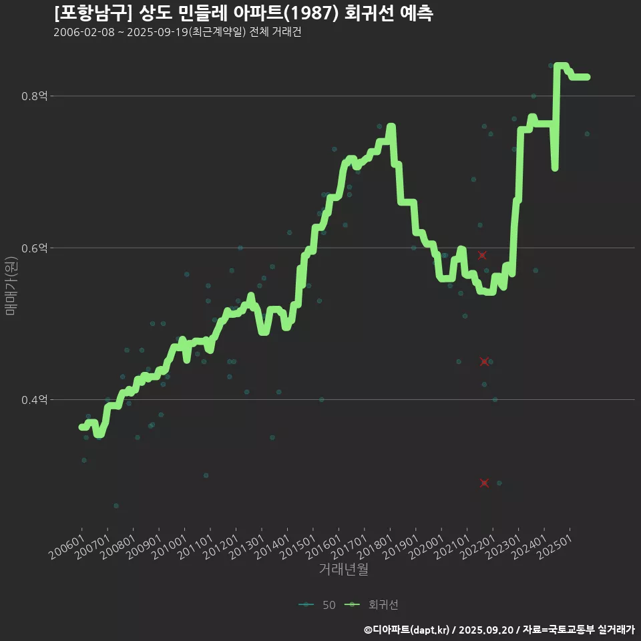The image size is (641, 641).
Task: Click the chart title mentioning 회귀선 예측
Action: pos(243,14)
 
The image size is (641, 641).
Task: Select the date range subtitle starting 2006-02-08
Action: pos(177,33)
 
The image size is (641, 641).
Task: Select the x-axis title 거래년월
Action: pos(343,569)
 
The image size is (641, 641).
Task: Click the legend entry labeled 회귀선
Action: pos(374,605)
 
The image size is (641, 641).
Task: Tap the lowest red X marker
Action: pos(484,483)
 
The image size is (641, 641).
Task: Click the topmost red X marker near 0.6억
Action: pos(481,255)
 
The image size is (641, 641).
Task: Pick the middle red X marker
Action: pos(485,361)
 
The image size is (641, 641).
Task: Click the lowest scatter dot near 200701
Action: pos(116,505)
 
